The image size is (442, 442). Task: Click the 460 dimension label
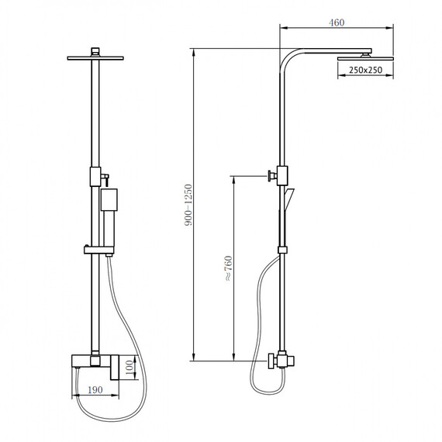click(336, 23)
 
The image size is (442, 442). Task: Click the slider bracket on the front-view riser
click(96, 249)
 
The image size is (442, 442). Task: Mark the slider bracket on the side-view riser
click(282, 249)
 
